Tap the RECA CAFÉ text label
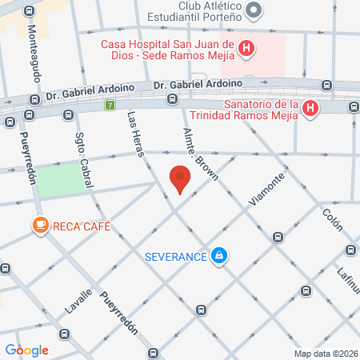click(82, 226)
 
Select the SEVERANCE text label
click(176, 256)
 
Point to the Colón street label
click(331, 218)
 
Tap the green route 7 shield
click(110, 105)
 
